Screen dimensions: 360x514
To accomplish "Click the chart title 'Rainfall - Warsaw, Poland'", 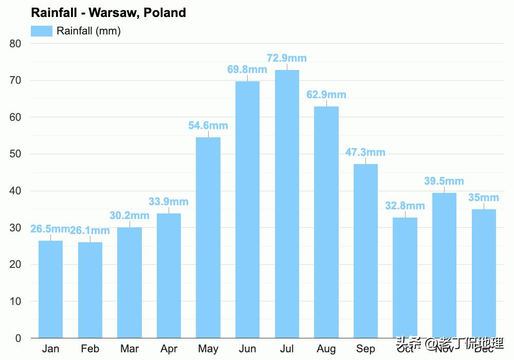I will click(108, 13).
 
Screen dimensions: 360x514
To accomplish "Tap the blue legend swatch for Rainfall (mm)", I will click(42, 31).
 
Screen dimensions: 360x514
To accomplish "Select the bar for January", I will click(50, 289).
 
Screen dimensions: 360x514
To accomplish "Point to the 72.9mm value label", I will click(287, 58).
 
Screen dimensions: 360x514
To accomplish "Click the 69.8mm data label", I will click(247, 69).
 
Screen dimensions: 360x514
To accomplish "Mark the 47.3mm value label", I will click(365, 152).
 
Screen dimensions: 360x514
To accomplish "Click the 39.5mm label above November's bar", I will click(444, 181).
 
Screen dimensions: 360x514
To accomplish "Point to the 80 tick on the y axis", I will click(15, 44).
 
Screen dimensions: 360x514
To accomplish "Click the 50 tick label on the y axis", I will click(15, 154).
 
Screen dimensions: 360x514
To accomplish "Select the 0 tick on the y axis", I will click(18, 338).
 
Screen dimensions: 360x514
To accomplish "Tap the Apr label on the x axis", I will click(169, 349).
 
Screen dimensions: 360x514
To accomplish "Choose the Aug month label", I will click(326, 349).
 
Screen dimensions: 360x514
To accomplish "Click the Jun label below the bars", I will click(247, 349).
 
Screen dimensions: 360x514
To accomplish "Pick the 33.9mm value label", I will click(169, 202).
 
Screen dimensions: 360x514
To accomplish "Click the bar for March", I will click(130, 282).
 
